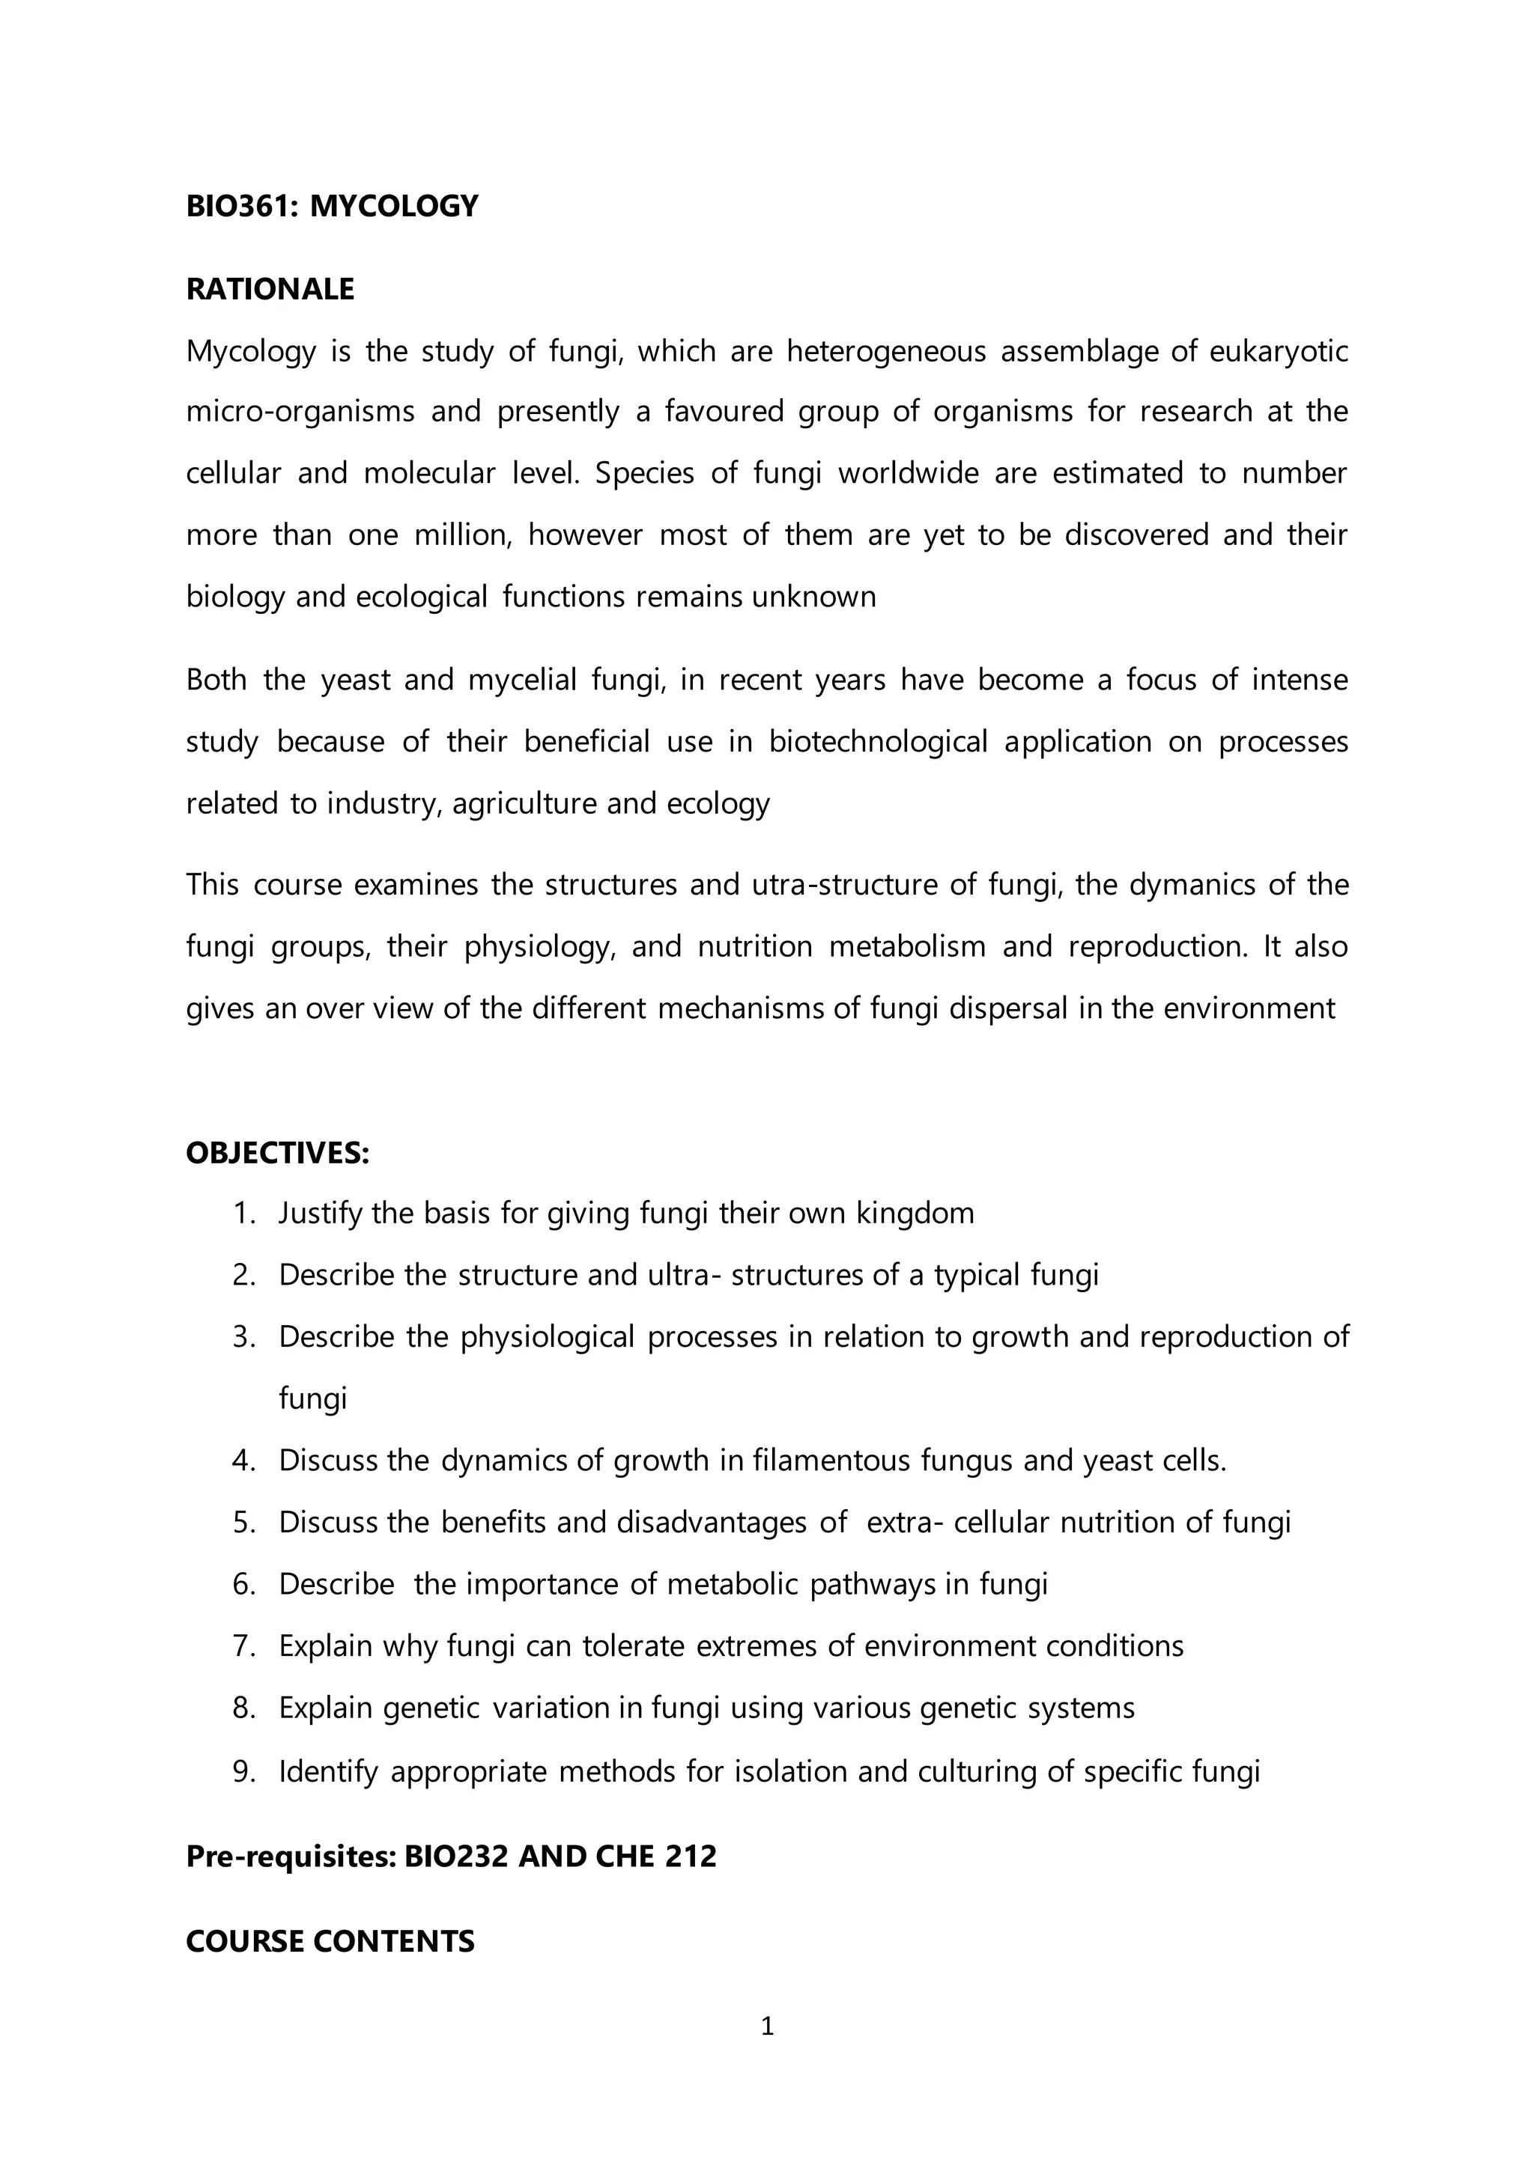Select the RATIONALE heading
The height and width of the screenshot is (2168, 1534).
click(x=270, y=289)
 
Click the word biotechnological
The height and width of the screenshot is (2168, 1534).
click(x=878, y=741)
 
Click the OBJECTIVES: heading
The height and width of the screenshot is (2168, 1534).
click(x=276, y=1153)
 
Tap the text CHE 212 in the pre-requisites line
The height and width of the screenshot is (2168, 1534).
click(x=656, y=1856)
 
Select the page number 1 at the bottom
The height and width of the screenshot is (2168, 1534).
click(x=767, y=2027)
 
